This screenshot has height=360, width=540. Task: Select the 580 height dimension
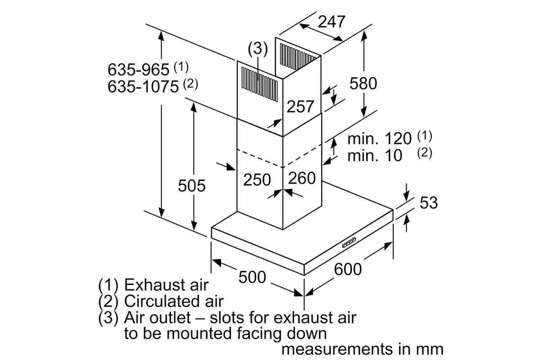pyautogui.click(x=363, y=83)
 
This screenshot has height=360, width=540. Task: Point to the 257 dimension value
pyautogui.click(x=300, y=106)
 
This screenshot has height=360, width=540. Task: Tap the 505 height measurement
pyautogui.click(x=191, y=185)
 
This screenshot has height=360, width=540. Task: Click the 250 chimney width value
pyautogui.click(x=257, y=180)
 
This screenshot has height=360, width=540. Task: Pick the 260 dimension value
pyautogui.click(x=301, y=178)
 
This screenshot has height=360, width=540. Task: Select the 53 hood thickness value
pyautogui.click(x=428, y=203)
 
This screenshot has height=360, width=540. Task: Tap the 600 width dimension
pyautogui.click(x=348, y=269)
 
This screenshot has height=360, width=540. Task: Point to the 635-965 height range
pyautogui.click(x=139, y=70)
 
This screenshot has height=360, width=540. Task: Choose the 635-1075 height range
pyautogui.click(x=143, y=86)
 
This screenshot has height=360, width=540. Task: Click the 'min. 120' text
pyautogui.click(x=379, y=138)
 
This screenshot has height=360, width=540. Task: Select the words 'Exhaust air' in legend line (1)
pyautogui.click(x=166, y=285)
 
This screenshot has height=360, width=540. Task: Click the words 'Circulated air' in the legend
pyautogui.click(x=174, y=301)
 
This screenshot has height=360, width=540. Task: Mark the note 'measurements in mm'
pyautogui.click(x=362, y=349)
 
